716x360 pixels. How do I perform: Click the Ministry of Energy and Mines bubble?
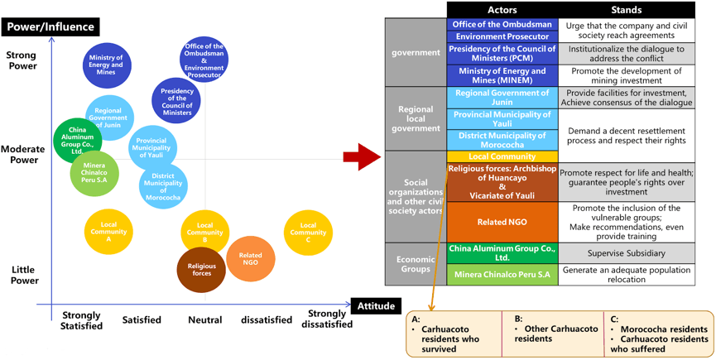[107, 65]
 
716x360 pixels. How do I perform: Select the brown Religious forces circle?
[201, 269]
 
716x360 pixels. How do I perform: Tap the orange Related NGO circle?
[251, 259]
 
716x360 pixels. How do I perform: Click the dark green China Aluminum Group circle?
[77, 141]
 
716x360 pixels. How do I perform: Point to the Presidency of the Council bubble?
[176, 101]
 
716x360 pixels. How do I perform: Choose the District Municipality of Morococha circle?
[163, 187]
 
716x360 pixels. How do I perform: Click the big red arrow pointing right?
[362, 156]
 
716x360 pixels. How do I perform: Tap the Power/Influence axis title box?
[50, 26]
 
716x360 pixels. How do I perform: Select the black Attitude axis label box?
[376, 305]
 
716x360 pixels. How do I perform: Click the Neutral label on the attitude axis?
[205, 319]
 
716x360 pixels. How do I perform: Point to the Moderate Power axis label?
[23, 155]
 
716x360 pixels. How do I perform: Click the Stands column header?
[626, 10]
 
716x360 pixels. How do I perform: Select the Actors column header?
[502, 10]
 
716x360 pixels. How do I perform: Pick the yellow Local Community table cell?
[502, 156]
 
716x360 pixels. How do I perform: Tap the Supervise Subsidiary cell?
[626, 253]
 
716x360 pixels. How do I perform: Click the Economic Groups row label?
[416, 264]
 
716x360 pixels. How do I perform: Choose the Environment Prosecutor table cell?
[502, 36]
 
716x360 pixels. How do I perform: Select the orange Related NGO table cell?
[502, 222]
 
